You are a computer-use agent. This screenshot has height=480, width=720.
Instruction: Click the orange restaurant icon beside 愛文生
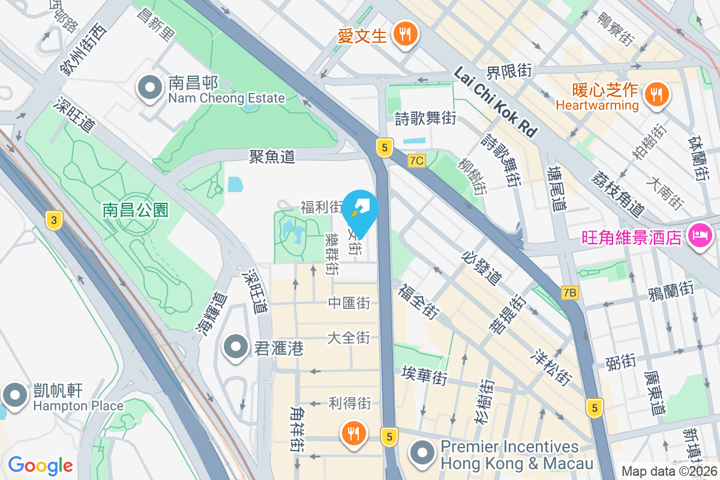(406, 34)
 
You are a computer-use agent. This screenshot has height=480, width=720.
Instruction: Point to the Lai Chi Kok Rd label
(494, 101)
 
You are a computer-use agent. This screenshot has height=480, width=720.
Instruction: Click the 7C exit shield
(416, 161)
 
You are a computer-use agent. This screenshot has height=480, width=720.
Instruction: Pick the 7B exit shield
(570, 293)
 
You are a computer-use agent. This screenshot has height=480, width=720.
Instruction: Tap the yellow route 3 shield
(54, 220)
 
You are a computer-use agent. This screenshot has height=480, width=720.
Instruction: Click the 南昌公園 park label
(136, 209)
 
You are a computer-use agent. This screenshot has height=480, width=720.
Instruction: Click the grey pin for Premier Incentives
(424, 453)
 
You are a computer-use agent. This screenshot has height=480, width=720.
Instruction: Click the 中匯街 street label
(349, 304)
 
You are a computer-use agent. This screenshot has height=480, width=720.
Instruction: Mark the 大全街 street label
(349, 338)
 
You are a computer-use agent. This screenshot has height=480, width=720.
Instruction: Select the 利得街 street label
(350, 403)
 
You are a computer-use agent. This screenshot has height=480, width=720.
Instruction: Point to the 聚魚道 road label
(272, 157)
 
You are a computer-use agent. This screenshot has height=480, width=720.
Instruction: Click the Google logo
(40, 466)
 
